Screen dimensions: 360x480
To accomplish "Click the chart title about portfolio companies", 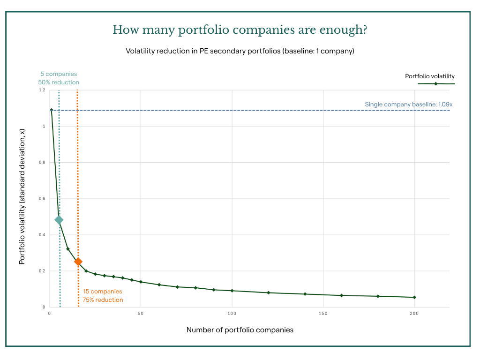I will pyautogui.click(x=240, y=30).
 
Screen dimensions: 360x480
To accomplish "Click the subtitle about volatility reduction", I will pyautogui.click(x=240, y=51).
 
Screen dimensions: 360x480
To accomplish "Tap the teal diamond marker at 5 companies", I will pyautogui.click(x=59, y=220).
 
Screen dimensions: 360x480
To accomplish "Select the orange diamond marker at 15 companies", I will pyautogui.click(x=78, y=262).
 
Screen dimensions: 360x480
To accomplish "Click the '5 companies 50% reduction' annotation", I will pyautogui.click(x=59, y=78).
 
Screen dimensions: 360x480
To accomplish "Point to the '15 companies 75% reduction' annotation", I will pyautogui.click(x=103, y=296).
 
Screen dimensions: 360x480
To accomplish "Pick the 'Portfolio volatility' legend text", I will pyautogui.click(x=430, y=76).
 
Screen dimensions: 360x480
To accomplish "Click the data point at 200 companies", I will pyautogui.click(x=414, y=297).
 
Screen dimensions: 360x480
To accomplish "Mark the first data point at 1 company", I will pyautogui.click(x=52, y=110).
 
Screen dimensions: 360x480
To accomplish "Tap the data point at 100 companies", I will pyautogui.click(x=232, y=291).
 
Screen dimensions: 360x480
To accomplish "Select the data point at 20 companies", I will pyautogui.click(x=86, y=271).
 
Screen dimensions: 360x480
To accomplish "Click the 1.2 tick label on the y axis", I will pyautogui.click(x=42, y=90).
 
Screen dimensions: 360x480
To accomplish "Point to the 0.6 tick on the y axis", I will pyautogui.click(x=42, y=199).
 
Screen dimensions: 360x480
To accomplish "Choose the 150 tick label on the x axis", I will pyautogui.click(x=323, y=313).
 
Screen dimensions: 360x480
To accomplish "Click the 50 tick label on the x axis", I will pyautogui.click(x=141, y=313).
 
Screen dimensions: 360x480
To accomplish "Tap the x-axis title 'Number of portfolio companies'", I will pyautogui.click(x=240, y=330).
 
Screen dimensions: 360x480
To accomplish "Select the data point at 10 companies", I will pyautogui.click(x=68, y=249).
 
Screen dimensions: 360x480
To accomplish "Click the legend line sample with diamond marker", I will pyautogui.click(x=436, y=83).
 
